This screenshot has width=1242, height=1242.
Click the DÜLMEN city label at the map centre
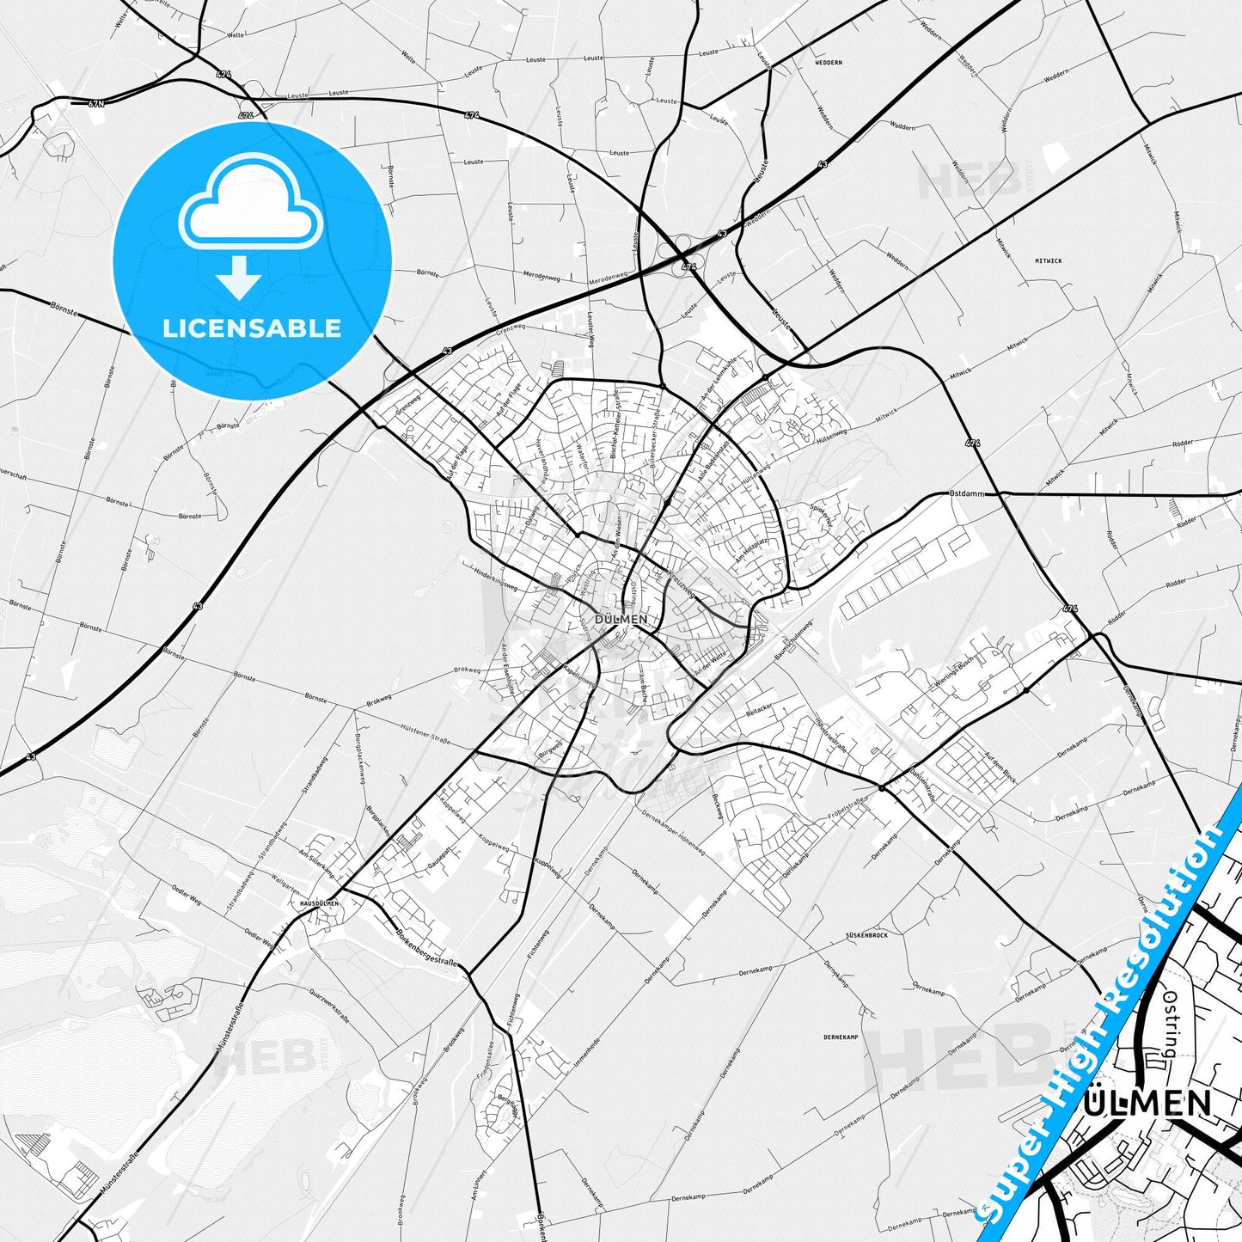click(x=621, y=619)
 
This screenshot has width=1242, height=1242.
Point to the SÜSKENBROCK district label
click(x=866, y=934)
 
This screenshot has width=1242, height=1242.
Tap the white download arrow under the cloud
click(x=240, y=278)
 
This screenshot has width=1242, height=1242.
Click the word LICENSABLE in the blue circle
click(x=252, y=328)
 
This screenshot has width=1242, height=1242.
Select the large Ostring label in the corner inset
click(x=1169, y=1024)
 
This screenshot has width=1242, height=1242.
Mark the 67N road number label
click(x=96, y=103)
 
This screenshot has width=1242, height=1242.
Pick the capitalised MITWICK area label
click(x=1048, y=260)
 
